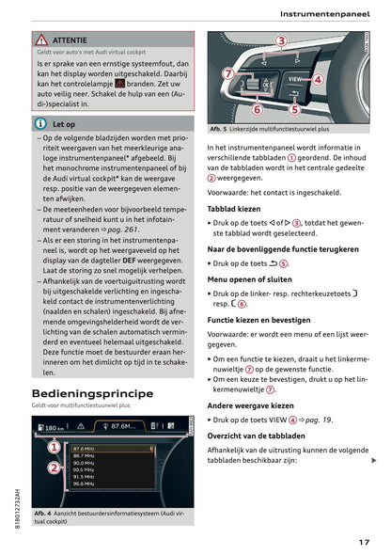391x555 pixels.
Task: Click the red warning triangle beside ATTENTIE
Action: click(42, 40)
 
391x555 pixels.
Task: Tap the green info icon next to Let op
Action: click(40, 123)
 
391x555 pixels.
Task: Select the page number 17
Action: click(363, 541)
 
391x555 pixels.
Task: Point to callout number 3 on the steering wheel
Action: click(281, 40)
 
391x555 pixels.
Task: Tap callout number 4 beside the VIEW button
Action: click(318, 80)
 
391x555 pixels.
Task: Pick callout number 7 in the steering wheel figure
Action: click(227, 72)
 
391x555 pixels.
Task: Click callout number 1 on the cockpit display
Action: click(54, 449)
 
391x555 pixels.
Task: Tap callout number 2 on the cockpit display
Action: click(54, 468)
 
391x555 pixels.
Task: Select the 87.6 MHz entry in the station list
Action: click(84, 450)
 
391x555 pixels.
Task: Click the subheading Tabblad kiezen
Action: click(235, 208)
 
